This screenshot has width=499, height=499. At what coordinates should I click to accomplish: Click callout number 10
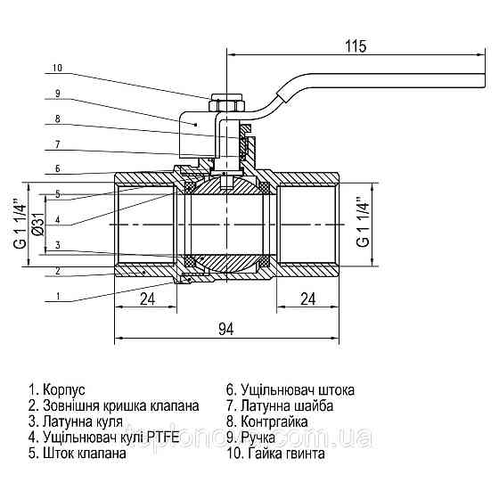tap(58, 68)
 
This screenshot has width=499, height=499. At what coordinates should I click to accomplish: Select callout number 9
tap(56, 93)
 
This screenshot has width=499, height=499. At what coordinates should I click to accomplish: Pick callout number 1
tap(56, 295)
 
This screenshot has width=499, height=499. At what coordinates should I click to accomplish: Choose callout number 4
tap(56, 219)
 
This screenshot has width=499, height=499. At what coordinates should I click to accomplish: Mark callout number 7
tap(56, 143)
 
